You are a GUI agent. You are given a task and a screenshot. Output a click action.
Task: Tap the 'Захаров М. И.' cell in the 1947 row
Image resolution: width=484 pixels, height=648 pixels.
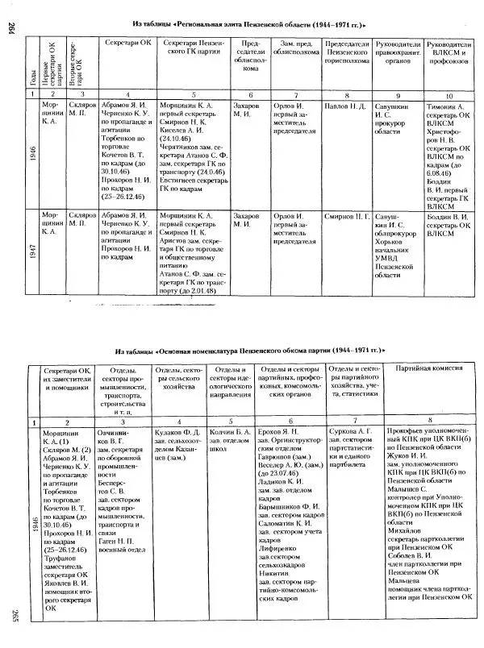248,221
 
